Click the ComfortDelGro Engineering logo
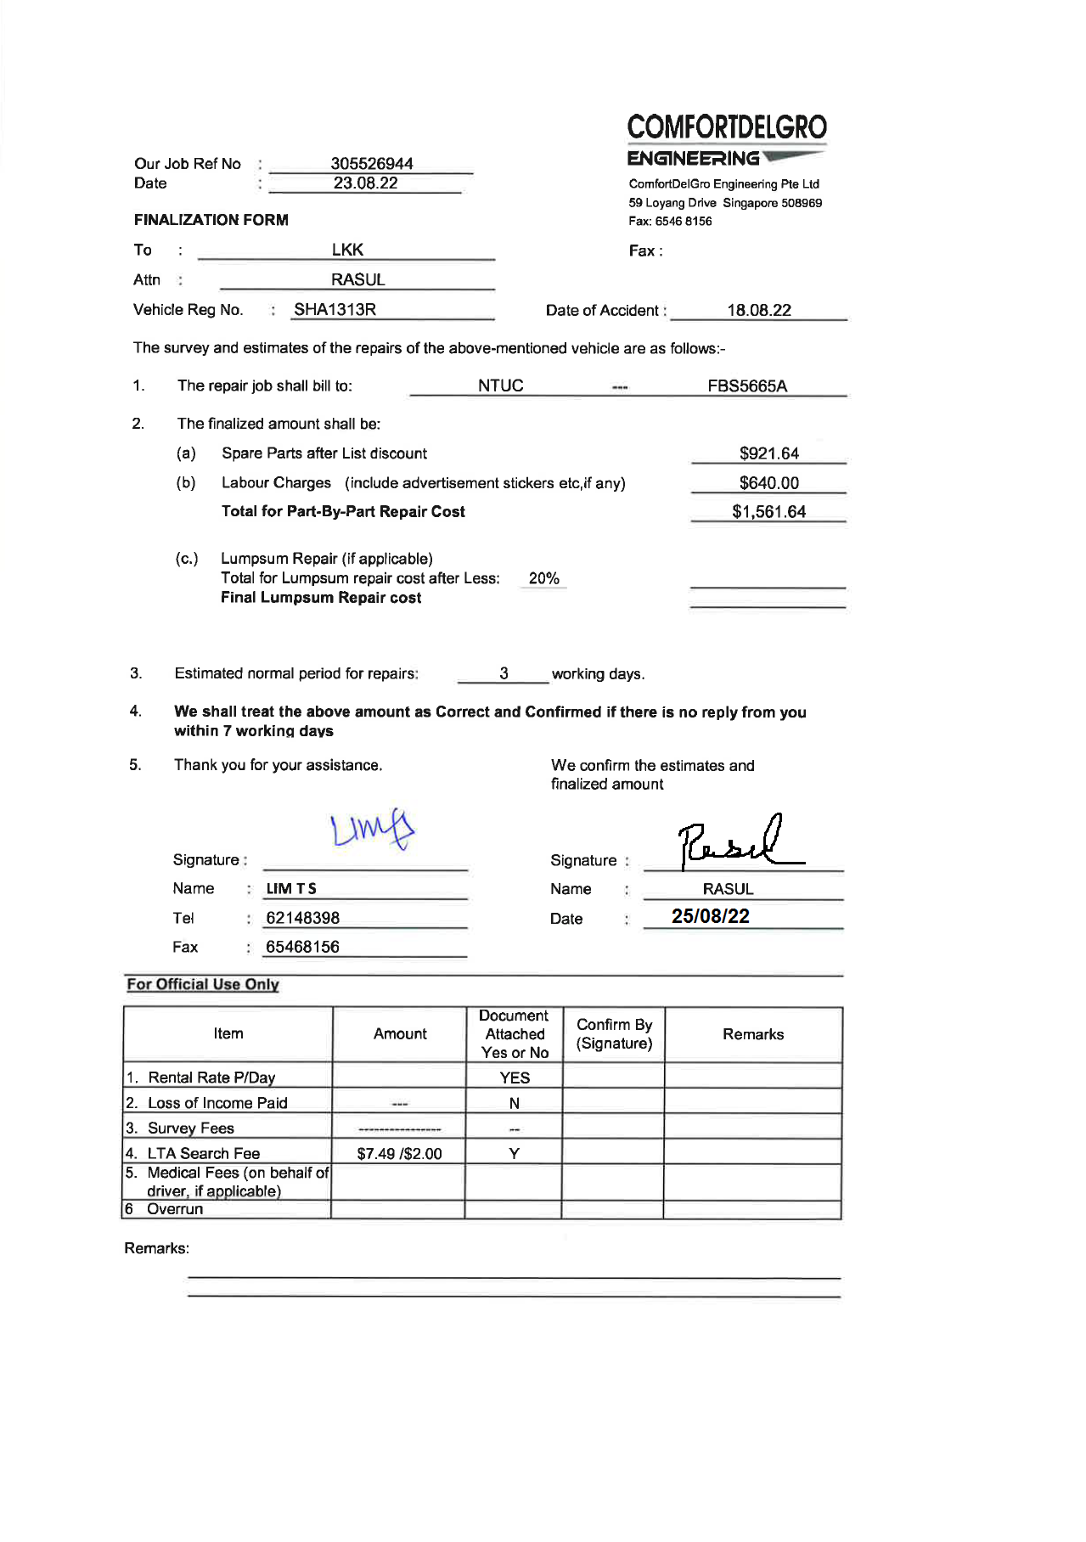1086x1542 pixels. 726,139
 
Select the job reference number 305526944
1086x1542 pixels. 371,163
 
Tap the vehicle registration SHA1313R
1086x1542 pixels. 335,310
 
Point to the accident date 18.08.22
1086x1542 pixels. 758,310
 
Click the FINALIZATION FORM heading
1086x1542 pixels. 211,220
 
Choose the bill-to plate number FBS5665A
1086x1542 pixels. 747,386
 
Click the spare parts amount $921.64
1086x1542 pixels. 768,453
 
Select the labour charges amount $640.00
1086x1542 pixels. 768,483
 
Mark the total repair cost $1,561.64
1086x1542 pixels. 768,512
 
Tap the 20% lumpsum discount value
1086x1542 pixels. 543,578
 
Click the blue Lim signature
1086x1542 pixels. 372,830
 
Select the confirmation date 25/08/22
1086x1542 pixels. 710,916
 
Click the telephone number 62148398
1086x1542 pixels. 302,918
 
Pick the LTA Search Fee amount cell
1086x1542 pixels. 399,1153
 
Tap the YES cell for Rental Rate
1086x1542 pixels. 515,1078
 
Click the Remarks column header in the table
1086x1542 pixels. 753,1034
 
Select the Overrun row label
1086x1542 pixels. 175,1209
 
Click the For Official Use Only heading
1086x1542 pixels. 203,984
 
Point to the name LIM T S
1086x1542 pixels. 291,889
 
